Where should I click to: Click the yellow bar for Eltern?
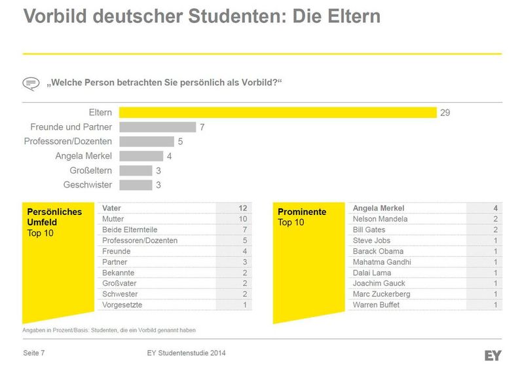[278, 113]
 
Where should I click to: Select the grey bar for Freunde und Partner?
[158, 127]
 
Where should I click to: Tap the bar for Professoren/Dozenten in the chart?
[147, 142]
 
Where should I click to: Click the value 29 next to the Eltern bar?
[445, 113]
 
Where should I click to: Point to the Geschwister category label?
[88, 185]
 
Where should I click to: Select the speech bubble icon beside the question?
[31, 83]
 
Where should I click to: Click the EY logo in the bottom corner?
[493, 355]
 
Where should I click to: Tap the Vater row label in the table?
[112, 208]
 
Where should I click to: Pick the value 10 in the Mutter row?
[242, 219]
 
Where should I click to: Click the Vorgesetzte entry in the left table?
[122, 305]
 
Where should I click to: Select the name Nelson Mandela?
[380, 219]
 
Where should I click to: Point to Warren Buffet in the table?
[375, 305]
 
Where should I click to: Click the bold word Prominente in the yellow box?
[302, 212]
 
